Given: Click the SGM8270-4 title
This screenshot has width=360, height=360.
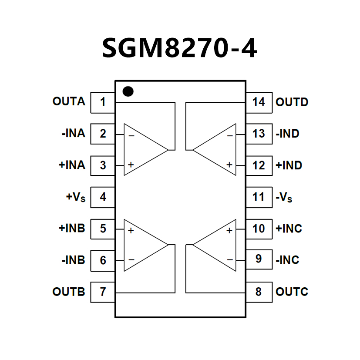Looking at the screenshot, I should [179, 48].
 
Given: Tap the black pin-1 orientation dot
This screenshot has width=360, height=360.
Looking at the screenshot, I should [128, 91].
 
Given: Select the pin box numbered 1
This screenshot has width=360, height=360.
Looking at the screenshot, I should [103, 102].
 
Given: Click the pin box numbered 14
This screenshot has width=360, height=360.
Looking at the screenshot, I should [259, 102].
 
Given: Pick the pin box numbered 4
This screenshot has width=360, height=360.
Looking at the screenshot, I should [103, 197].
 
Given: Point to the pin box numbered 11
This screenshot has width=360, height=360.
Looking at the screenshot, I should [259, 197].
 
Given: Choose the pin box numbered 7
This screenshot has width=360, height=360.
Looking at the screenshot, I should [103, 291].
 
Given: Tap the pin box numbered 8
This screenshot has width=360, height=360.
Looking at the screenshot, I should [259, 291].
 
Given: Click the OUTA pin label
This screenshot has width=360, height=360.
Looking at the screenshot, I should [69, 101].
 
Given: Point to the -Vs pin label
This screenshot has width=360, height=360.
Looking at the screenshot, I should [284, 197].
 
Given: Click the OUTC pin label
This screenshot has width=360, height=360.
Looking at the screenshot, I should [292, 291].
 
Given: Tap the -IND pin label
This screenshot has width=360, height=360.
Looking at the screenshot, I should [288, 134].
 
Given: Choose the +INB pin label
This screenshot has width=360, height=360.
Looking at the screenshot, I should [71, 228].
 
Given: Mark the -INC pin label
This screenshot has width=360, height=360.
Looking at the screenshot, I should [288, 260].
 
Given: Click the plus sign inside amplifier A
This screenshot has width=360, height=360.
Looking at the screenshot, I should [131, 165].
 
